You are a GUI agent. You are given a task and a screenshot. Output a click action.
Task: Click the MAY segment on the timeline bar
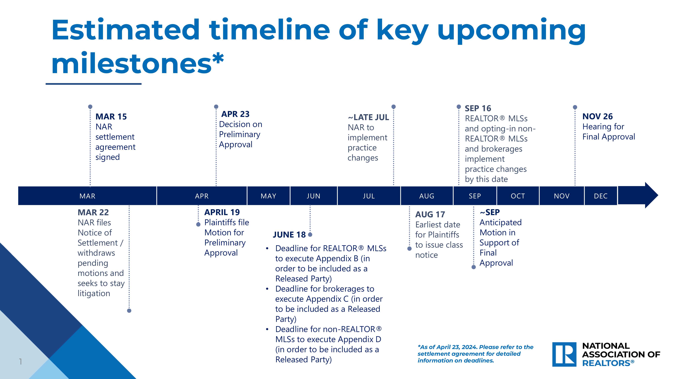[268, 196]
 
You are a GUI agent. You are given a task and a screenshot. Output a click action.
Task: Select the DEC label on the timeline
[601, 196]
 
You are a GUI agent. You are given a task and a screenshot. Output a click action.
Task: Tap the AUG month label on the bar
[427, 196]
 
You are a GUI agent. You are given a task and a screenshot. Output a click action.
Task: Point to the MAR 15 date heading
[111, 116]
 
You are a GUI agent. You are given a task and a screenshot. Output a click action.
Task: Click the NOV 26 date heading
[597, 116]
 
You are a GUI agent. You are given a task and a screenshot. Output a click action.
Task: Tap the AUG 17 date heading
[430, 214]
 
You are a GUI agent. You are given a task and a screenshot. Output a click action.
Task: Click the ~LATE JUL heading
[368, 117]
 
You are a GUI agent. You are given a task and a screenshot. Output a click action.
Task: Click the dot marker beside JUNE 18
[310, 235]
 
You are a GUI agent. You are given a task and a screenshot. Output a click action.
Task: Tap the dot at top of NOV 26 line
[575, 107]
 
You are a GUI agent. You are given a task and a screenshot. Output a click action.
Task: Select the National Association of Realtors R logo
[564, 354]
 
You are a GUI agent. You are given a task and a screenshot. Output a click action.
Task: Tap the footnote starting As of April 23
[475, 354]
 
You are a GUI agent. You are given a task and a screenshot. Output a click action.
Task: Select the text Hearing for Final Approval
[608, 132]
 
